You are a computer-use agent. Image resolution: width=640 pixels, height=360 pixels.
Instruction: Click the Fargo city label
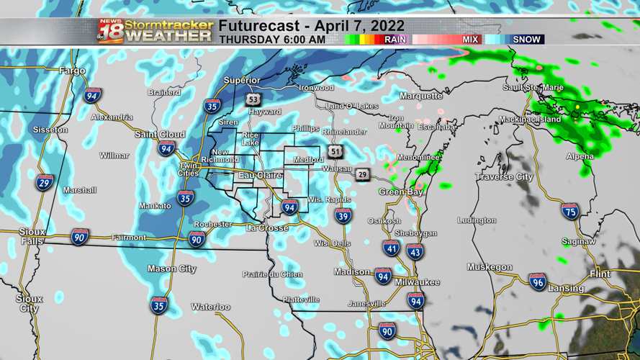pos(72,71)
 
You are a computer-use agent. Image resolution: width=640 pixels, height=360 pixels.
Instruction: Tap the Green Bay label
pos(401,192)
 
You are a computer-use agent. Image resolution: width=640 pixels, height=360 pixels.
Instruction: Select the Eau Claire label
pos(260,175)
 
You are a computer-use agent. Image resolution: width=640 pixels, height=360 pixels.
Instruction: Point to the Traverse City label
pos(504,176)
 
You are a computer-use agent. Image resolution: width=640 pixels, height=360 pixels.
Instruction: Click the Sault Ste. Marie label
pos(533,88)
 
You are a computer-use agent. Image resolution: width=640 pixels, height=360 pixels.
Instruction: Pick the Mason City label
pos(171,269)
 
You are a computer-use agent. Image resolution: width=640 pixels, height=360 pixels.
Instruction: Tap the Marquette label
pos(420,96)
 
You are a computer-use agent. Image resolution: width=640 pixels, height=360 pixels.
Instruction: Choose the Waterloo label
pos(210,307)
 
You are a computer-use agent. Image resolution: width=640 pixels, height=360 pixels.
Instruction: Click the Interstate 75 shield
pos(570,211)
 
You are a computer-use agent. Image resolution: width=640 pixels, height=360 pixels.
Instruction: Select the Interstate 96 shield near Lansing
pos(537,282)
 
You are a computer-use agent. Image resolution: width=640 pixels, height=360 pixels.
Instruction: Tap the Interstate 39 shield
pos(343,215)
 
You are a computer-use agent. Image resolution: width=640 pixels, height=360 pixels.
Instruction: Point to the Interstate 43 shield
pos(415,251)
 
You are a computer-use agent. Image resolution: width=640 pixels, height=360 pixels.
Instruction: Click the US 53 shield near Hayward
pos(252,99)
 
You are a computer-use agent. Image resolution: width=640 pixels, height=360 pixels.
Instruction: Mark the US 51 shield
pos(335,151)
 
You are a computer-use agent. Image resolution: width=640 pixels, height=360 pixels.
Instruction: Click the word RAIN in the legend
pos(395,40)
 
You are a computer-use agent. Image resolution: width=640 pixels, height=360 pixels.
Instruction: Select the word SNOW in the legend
pos(526,40)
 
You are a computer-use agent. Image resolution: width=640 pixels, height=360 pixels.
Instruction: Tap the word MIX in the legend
pos(470,40)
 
